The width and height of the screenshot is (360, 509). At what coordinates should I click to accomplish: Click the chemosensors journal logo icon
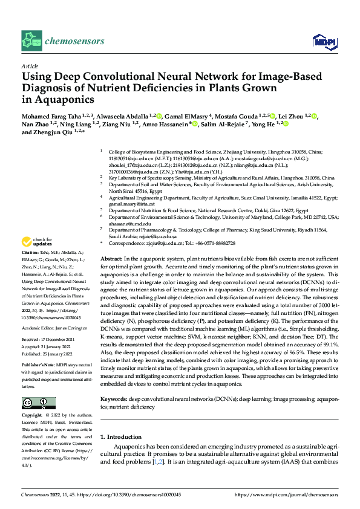tap(32, 42)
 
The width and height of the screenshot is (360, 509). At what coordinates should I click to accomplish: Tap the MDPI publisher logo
tap(321, 41)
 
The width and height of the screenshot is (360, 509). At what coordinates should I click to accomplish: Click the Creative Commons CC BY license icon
tap(39, 403)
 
